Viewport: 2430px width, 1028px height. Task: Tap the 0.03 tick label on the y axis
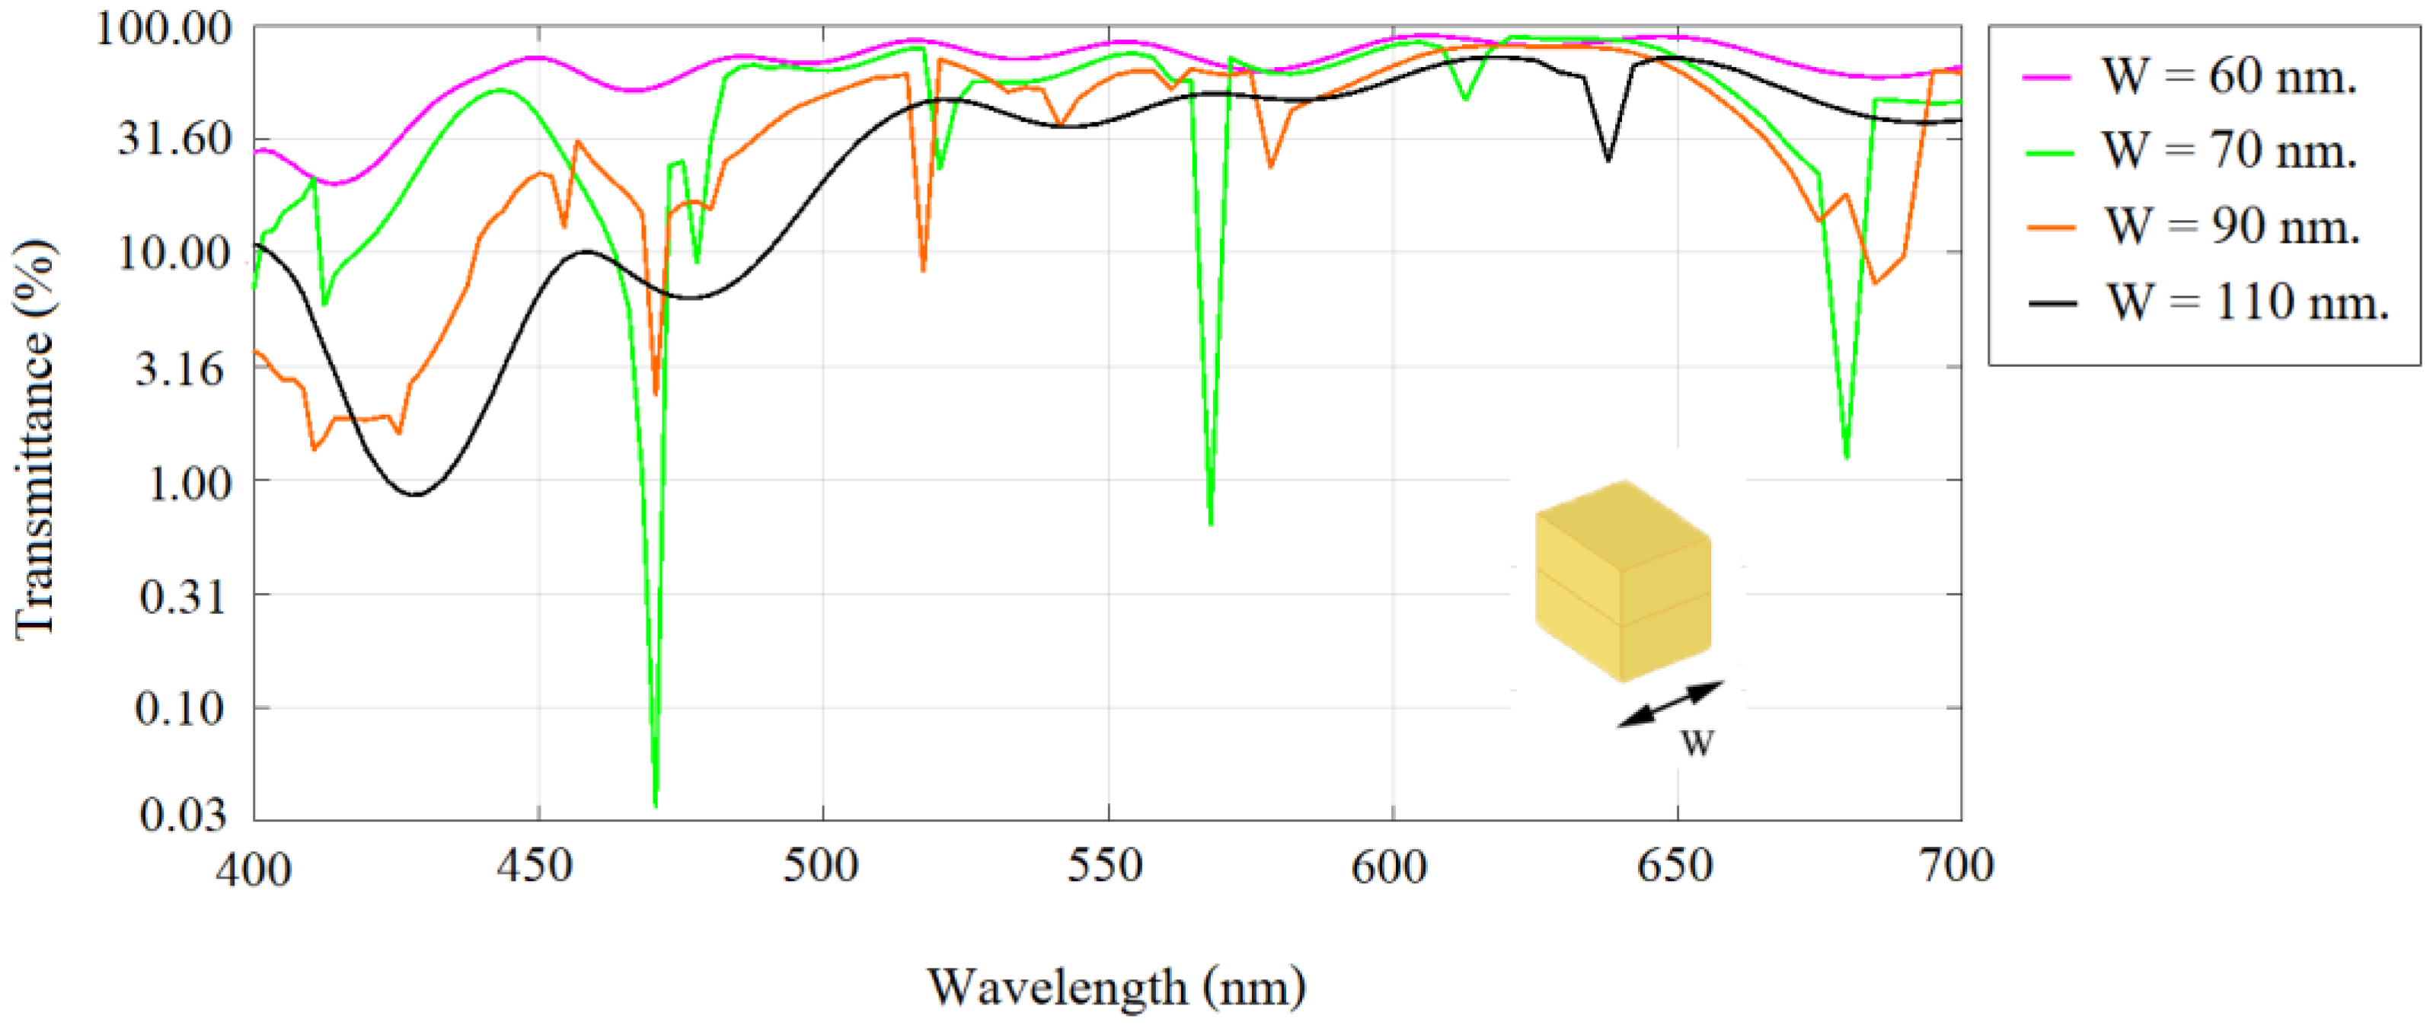point(183,815)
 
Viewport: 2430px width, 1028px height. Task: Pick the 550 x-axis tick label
point(1106,865)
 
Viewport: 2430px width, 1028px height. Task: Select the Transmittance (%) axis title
point(36,439)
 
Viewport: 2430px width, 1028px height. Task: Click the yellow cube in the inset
point(1623,581)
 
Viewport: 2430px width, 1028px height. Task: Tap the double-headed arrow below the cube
point(1670,704)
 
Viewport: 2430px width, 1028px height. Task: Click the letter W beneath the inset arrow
point(1697,744)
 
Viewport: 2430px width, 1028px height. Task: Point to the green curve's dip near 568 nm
point(1210,521)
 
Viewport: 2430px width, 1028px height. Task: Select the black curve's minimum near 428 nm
point(415,494)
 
